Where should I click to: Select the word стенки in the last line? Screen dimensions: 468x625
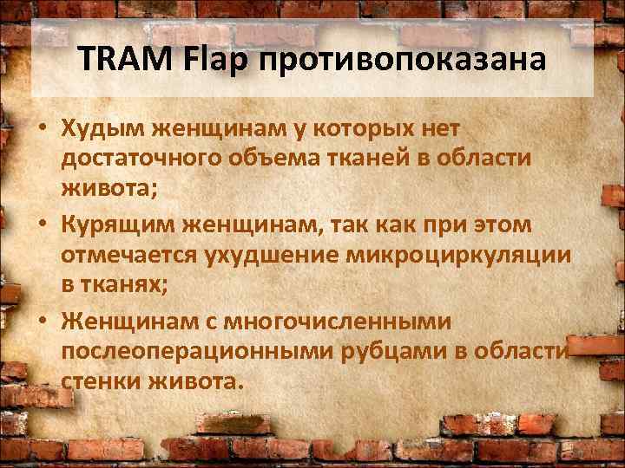[x=99, y=382]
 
